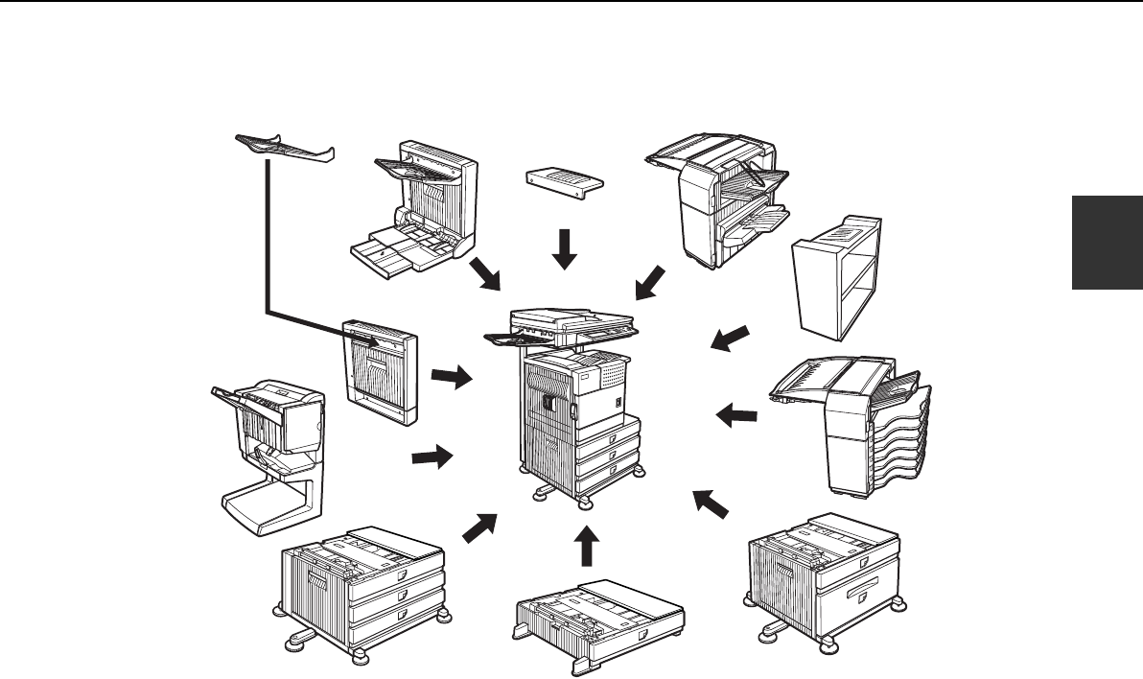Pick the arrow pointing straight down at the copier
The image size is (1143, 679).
[566, 247]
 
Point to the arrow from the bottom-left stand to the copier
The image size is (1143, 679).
[480, 528]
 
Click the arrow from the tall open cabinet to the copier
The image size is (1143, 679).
[729, 339]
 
